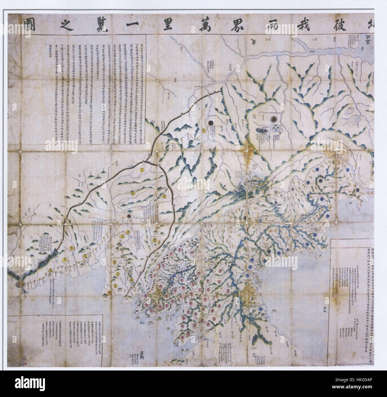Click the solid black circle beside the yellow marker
pyautogui.click(x=211, y=122)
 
